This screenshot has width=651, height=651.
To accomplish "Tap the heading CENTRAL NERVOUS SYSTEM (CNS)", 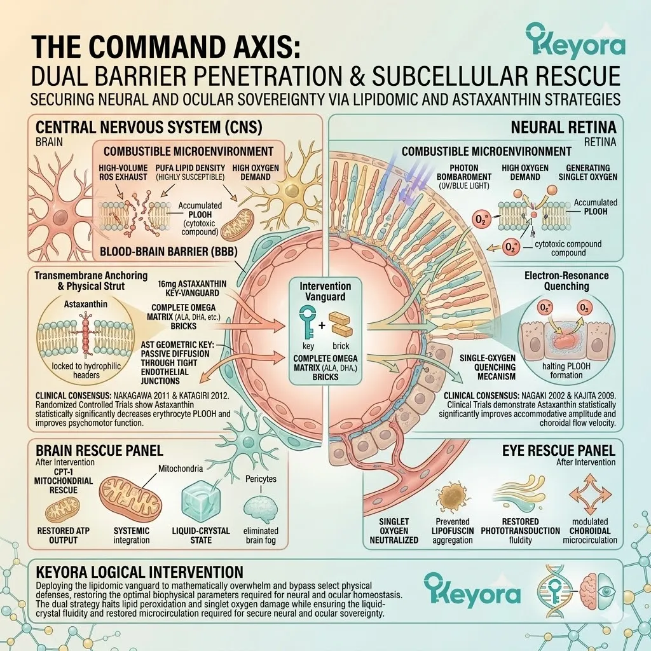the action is (149, 127).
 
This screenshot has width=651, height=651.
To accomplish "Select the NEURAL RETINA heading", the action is (563, 127).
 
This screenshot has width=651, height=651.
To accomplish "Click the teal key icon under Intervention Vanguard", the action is (308, 322).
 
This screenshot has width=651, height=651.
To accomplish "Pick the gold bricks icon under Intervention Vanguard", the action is (341, 324).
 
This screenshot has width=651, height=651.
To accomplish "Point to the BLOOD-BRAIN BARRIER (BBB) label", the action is (168, 252).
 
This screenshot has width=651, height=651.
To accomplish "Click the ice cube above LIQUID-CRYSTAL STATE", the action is (200, 504).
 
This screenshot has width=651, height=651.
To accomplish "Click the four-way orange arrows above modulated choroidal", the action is (590, 494).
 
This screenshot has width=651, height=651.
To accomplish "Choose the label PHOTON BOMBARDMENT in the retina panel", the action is (463, 172).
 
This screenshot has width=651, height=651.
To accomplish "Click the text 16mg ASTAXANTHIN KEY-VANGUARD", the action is (192, 288).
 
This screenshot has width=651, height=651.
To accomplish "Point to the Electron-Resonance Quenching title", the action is (566, 280).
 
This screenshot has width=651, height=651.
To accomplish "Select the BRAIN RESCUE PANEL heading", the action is (99, 451).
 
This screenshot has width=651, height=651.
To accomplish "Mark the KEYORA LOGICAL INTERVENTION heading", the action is (139, 572).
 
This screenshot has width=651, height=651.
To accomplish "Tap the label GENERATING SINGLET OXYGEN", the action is (588, 172).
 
